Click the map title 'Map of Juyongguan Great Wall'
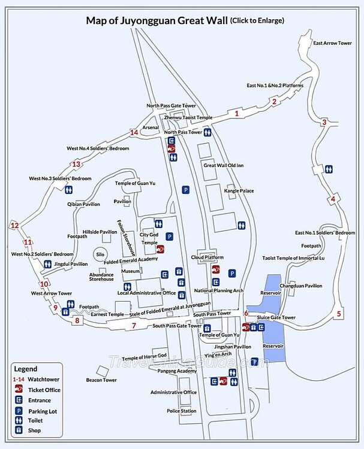click(x=157, y=20)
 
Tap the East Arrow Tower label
click(x=332, y=44)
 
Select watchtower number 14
click(x=134, y=132)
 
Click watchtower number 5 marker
click(x=339, y=314)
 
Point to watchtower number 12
click(x=14, y=225)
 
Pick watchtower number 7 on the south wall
click(x=134, y=325)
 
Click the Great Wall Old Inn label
click(x=223, y=165)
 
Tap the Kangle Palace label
click(x=239, y=191)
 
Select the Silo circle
click(x=100, y=254)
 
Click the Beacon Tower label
click(x=101, y=380)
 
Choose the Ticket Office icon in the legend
click(x=19, y=390)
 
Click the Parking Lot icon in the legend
click(x=19, y=411)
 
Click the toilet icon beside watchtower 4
click(x=329, y=169)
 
